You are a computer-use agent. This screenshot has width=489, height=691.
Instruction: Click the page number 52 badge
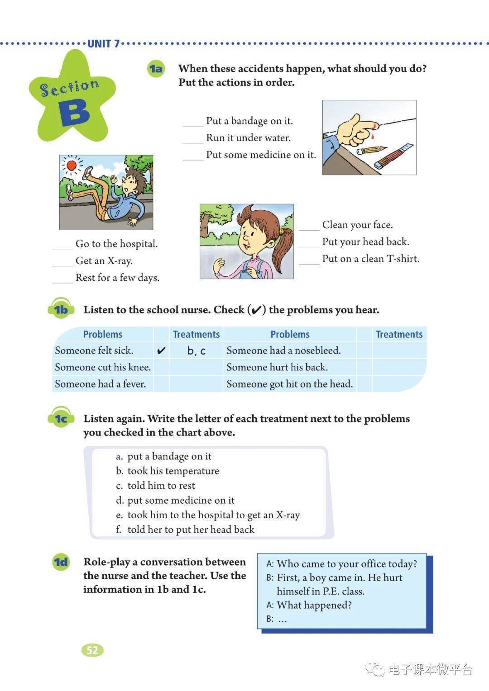click(92, 650)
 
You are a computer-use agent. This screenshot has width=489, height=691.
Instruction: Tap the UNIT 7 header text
click(104, 44)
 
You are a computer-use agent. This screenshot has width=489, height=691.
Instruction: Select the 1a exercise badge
click(156, 69)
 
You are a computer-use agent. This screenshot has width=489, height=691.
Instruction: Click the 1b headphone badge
click(60, 309)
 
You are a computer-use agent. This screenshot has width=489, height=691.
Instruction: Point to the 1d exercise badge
click(61, 562)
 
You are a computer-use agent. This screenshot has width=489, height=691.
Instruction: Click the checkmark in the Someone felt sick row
click(161, 350)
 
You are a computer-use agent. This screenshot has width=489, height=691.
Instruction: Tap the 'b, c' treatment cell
click(197, 350)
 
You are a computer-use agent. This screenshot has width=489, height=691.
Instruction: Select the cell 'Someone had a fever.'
click(101, 384)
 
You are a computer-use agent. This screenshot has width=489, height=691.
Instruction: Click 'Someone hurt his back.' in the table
click(277, 367)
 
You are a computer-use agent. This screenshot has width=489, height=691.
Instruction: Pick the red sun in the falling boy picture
click(72, 166)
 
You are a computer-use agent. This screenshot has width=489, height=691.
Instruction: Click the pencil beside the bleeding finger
click(371, 150)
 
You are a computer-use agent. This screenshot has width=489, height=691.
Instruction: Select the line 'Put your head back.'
click(365, 242)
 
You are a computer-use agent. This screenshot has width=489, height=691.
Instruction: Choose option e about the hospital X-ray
click(208, 515)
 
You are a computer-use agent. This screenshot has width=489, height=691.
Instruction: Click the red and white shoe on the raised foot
click(87, 172)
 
